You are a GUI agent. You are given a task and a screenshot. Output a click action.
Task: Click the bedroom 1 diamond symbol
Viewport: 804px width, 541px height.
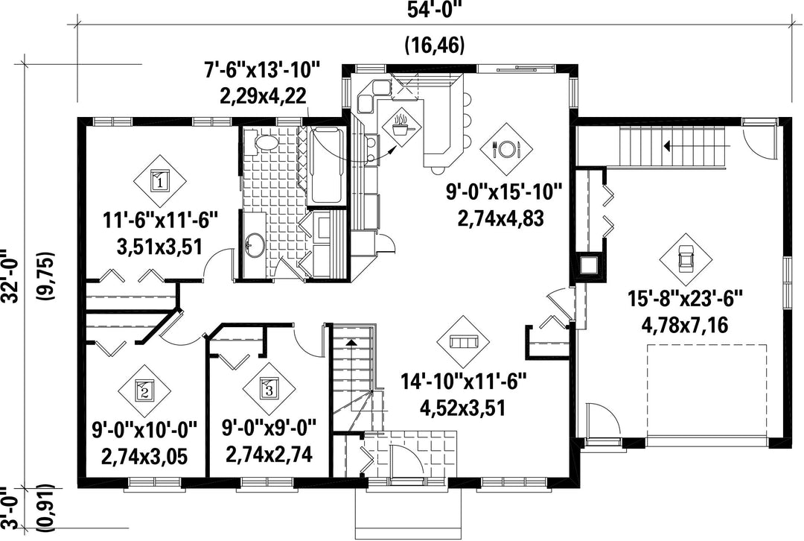(159, 180)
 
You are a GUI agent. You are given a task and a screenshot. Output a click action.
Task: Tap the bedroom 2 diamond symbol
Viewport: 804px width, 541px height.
(144, 391)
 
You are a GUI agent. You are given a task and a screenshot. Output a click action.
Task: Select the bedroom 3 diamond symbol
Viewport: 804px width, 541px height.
(269, 388)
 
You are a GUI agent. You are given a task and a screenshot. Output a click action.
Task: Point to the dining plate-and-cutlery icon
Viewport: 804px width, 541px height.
(506, 149)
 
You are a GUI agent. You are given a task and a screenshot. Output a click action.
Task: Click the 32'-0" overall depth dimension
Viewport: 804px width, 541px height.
(11, 276)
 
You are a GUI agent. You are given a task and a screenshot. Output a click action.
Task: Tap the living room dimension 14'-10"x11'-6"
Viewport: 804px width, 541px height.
(464, 382)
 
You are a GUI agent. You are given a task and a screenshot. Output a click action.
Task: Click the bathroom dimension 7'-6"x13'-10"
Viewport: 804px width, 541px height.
(263, 70)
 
